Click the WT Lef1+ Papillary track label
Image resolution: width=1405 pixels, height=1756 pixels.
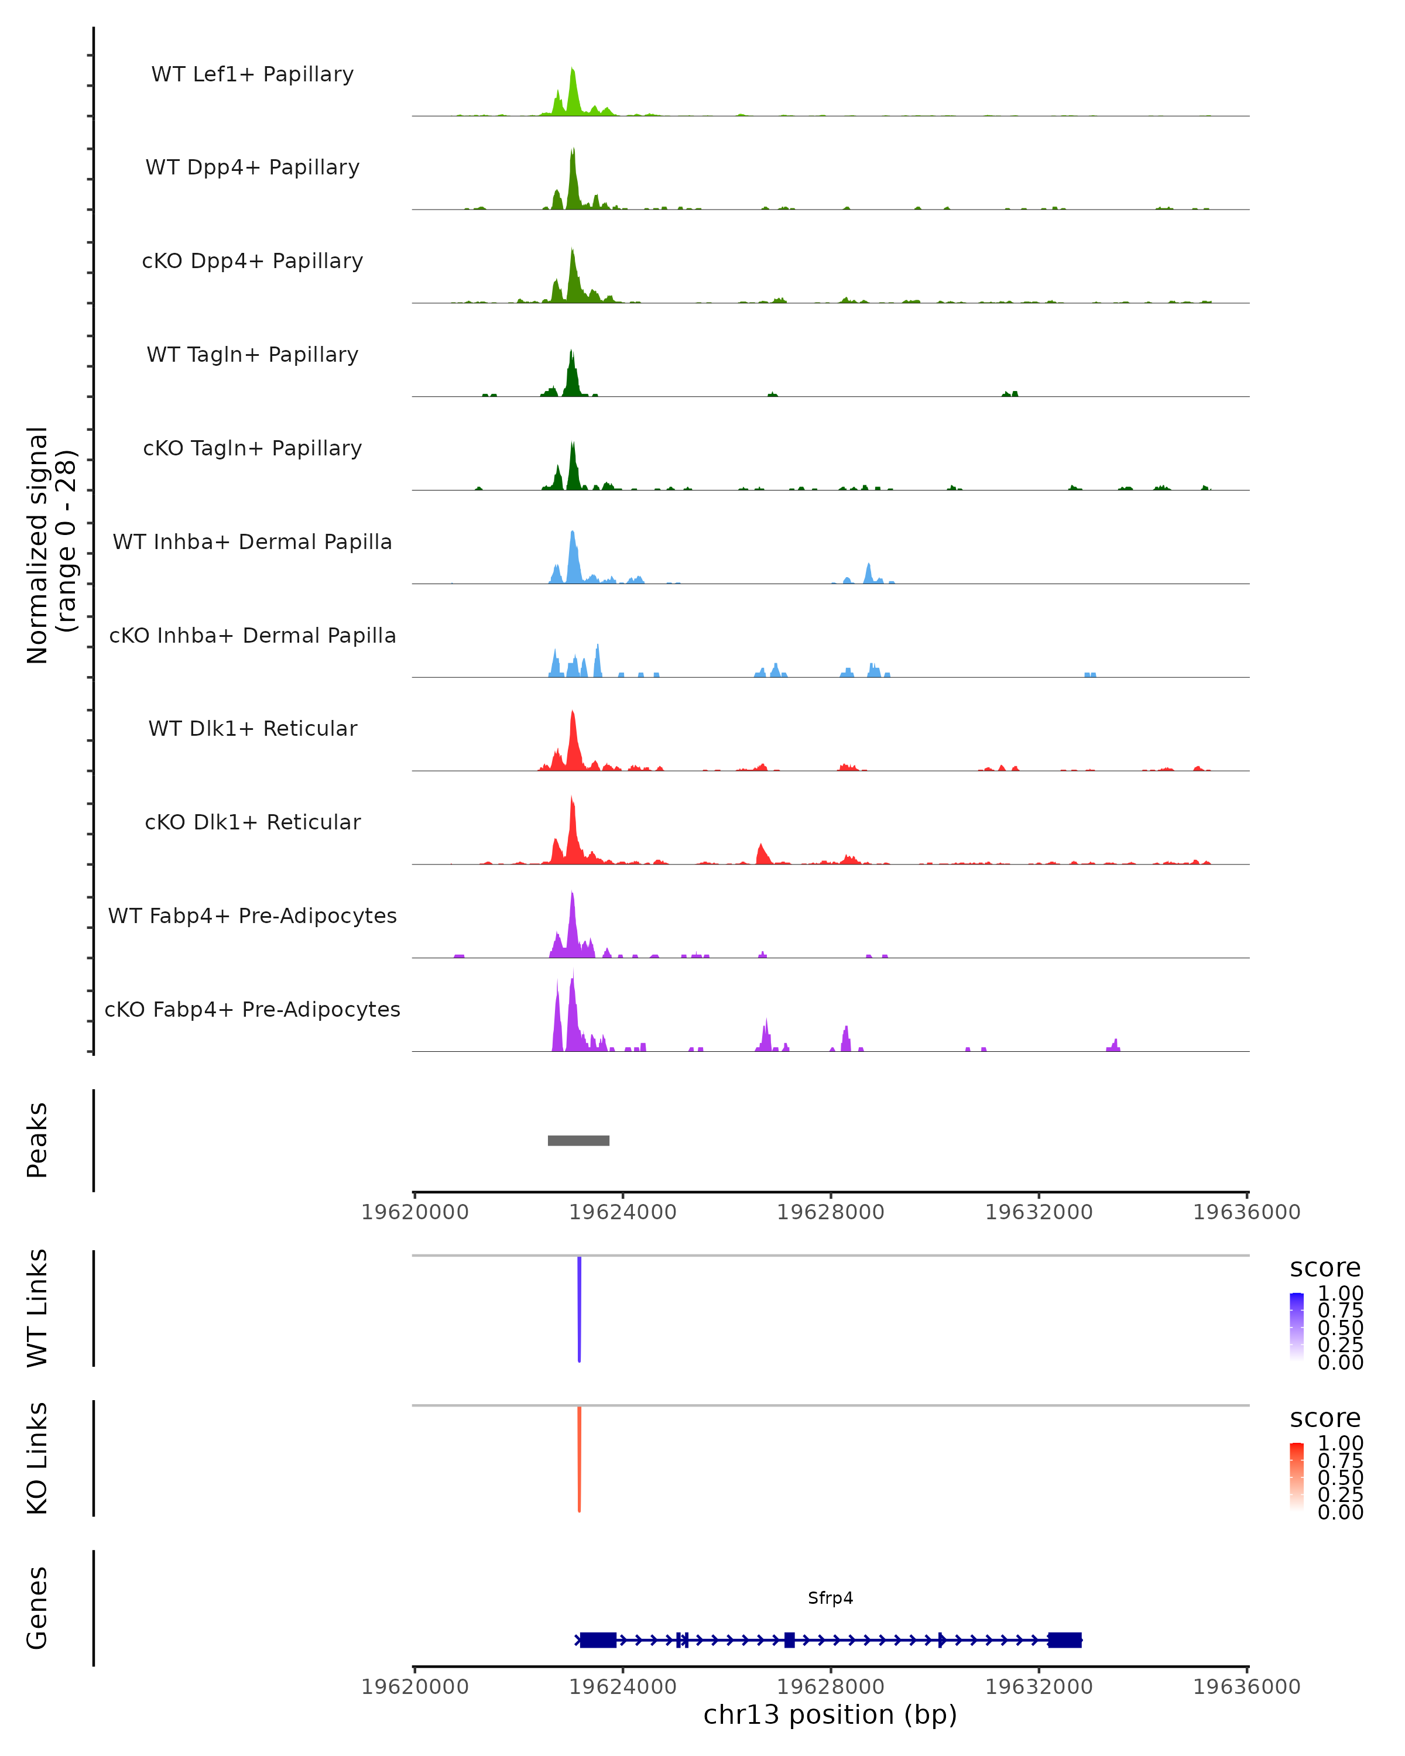(252, 74)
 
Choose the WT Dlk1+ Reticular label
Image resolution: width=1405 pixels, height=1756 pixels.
(252, 728)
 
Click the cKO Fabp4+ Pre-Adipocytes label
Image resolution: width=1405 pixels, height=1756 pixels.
(252, 1009)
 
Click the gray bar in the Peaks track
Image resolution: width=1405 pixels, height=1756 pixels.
(578, 1140)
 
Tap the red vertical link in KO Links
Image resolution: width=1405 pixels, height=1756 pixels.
(579, 1459)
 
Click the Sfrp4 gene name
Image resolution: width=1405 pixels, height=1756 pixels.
(830, 1598)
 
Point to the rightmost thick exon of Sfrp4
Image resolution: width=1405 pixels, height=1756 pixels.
(1064, 1640)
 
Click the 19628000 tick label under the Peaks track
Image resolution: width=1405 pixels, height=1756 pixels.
(830, 1212)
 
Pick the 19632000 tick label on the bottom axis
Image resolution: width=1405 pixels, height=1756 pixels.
(1039, 1687)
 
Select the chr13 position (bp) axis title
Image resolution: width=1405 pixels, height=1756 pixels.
(830, 1714)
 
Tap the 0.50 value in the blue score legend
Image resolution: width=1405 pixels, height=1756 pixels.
(1340, 1327)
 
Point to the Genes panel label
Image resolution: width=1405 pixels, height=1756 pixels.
(37, 1608)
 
